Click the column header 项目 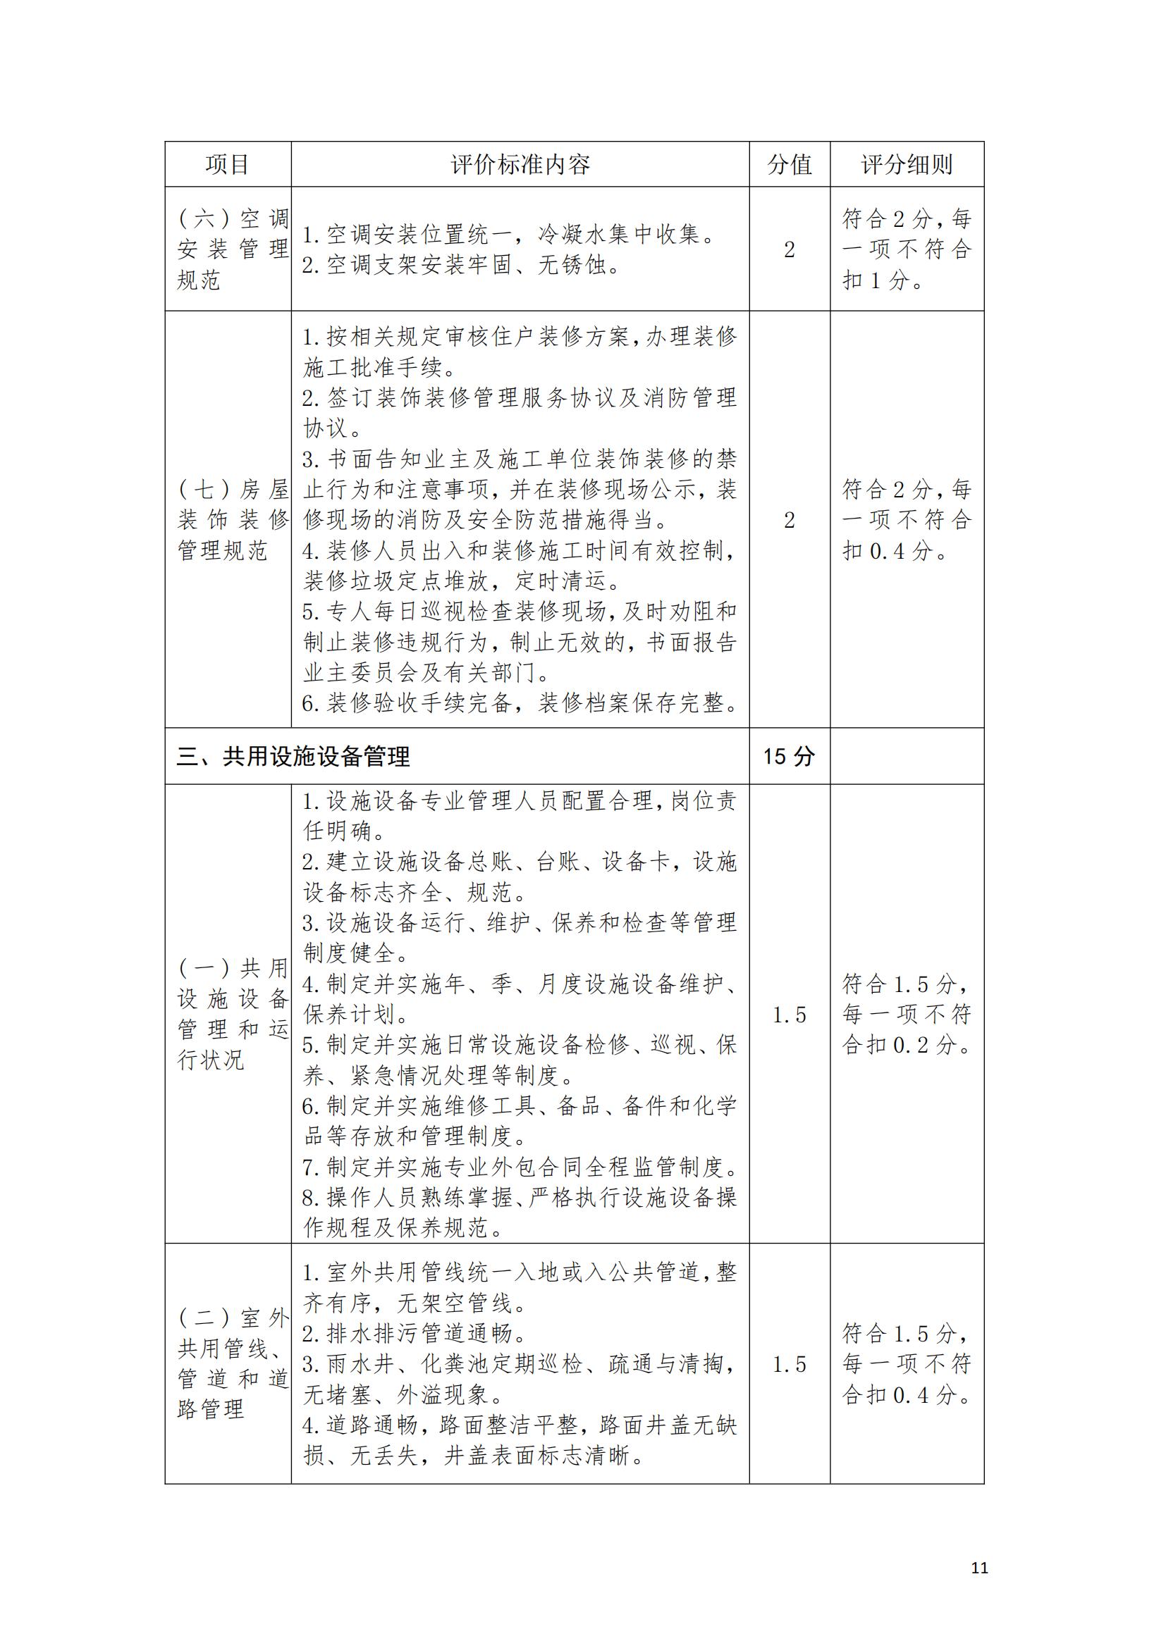228,164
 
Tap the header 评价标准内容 520,164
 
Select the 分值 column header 789,164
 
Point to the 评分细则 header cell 907,164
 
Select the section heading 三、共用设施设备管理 294,757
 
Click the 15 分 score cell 789,757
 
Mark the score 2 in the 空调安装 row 789,250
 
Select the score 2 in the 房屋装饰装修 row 789,521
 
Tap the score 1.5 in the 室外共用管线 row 789,1365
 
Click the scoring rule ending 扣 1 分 907,249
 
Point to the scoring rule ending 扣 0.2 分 907,1014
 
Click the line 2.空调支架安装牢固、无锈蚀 462,266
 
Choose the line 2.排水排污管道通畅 415,1334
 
